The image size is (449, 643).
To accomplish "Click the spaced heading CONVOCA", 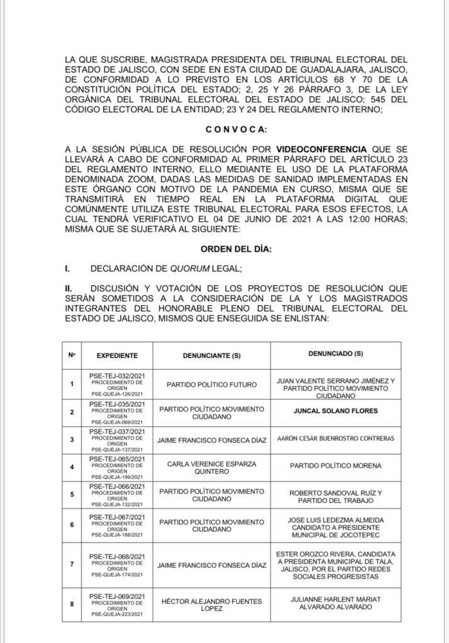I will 236,130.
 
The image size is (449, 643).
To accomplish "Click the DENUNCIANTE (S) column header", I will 212,355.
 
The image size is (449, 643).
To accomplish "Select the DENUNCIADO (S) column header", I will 336,354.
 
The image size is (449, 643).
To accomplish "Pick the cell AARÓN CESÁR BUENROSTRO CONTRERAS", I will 336,438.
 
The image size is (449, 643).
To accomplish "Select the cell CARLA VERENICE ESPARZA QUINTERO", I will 212,467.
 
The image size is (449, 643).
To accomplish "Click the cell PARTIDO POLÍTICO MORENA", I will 336,466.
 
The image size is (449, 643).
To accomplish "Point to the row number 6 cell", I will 72,524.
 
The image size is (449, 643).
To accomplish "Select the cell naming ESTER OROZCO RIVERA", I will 336,564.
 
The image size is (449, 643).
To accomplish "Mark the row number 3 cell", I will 72,438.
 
